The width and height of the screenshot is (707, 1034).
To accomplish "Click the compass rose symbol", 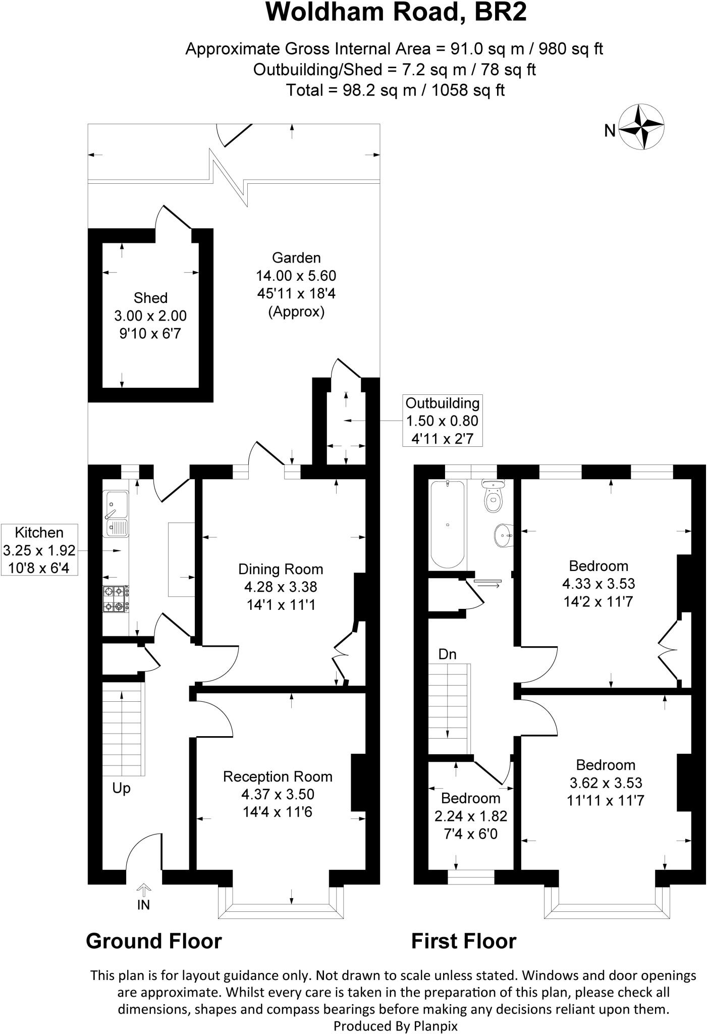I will click(x=641, y=127).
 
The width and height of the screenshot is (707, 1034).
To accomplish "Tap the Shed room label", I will click(x=150, y=298).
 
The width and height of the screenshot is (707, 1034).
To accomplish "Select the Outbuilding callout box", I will click(x=442, y=421).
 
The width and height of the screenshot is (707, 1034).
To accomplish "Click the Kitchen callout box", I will click(x=39, y=550).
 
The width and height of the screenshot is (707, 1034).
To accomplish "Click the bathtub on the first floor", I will click(x=447, y=524).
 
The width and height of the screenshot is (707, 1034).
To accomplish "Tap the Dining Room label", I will click(x=281, y=570).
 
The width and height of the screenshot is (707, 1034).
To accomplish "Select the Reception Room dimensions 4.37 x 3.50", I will click(x=278, y=794).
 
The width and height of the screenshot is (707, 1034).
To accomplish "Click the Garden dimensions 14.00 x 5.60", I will click(x=296, y=276).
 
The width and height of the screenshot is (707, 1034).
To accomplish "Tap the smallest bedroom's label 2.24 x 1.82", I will click(x=470, y=816).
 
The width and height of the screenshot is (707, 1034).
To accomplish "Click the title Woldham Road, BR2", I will click(x=396, y=12).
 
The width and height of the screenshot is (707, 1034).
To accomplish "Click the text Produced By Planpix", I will click(x=395, y=1026).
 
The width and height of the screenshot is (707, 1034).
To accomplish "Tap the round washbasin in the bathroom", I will click(x=503, y=536).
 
